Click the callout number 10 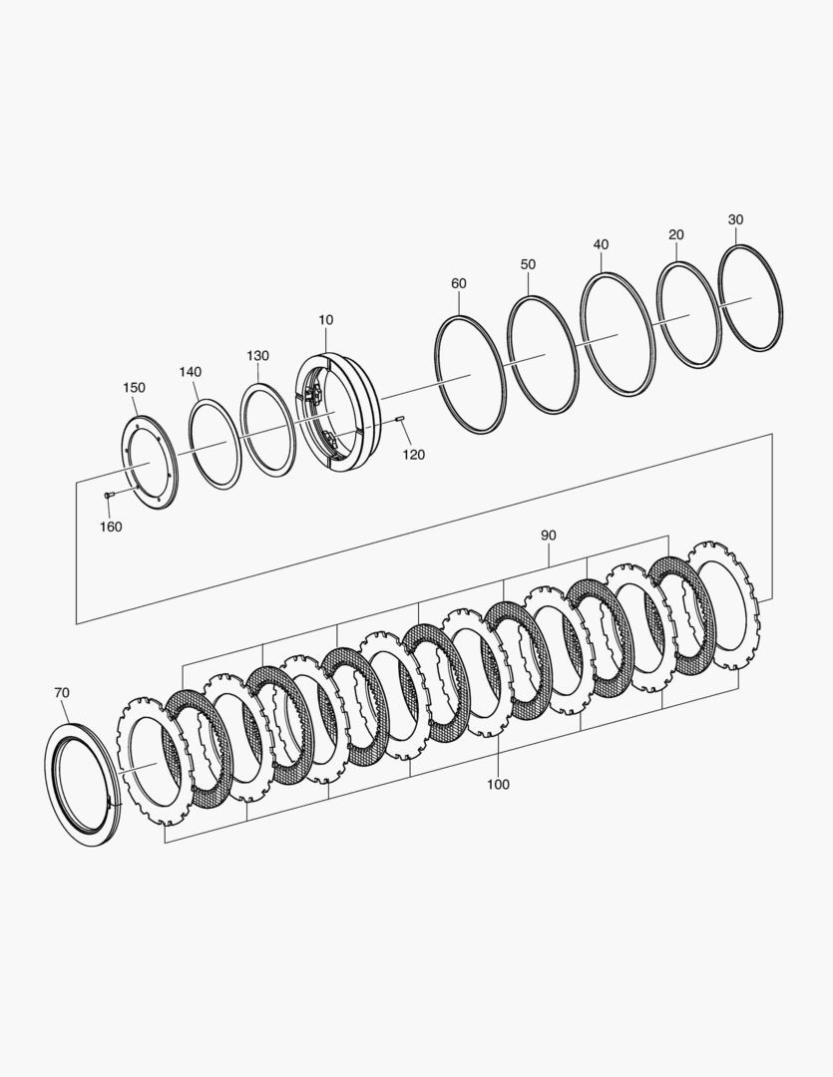(x=326, y=320)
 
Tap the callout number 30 (x=735, y=219)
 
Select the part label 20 (x=676, y=235)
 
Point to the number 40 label (x=601, y=244)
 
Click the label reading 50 (x=528, y=264)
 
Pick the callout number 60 (x=459, y=283)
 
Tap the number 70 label (x=61, y=694)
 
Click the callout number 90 (x=548, y=536)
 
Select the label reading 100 (x=498, y=785)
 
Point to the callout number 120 (x=414, y=455)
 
